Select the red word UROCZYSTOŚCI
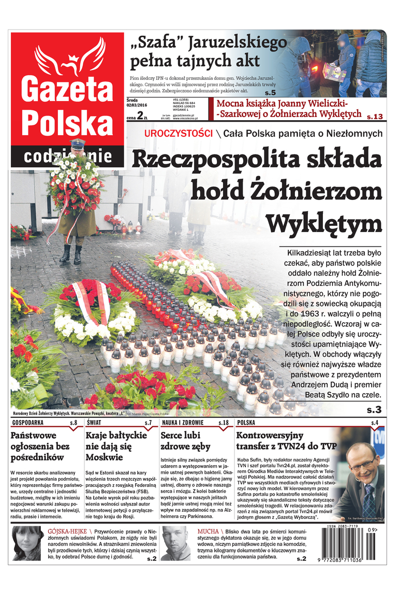tap(179, 134)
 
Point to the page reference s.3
tap(374, 410)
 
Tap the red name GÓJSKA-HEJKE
tap(67, 531)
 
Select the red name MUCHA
tap(208, 531)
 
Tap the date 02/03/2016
tap(137, 106)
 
